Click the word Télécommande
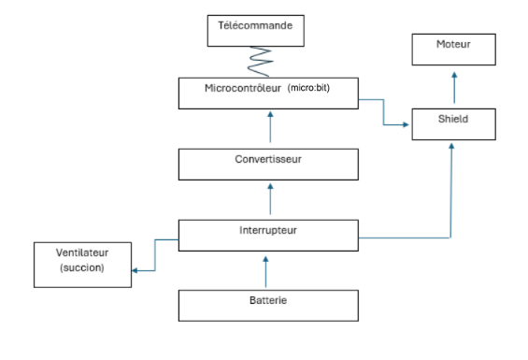click(x=255, y=25)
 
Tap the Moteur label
click(x=453, y=44)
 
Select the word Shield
click(x=453, y=119)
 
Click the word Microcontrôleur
click(x=243, y=88)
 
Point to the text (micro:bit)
click(x=308, y=88)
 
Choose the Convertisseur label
click(x=268, y=159)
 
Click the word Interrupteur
click(x=268, y=231)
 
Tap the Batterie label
click(x=268, y=300)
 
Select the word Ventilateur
click(x=82, y=252)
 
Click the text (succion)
click(x=82, y=268)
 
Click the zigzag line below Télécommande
click(x=260, y=62)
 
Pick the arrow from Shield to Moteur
click(x=454, y=88)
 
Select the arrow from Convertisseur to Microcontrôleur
click(x=270, y=127)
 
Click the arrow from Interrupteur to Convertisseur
click(x=270, y=199)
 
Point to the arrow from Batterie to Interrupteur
click(x=265, y=272)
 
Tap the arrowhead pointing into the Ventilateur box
click(x=135, y=270)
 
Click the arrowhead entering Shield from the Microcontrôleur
click(x=406, y=124)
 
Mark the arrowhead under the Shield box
click(x=451, y=146)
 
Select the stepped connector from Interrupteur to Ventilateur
click(x=155, y=255)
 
